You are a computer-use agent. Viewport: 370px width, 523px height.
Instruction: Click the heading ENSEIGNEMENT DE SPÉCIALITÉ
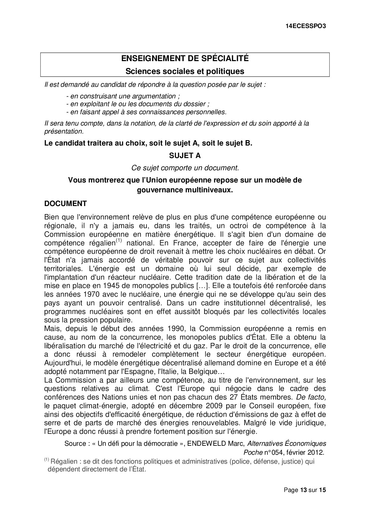185,58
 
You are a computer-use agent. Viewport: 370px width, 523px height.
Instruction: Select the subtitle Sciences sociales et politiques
185,71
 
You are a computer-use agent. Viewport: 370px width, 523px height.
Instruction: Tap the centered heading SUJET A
185,155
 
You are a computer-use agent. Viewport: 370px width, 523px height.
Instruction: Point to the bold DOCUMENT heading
65,204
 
